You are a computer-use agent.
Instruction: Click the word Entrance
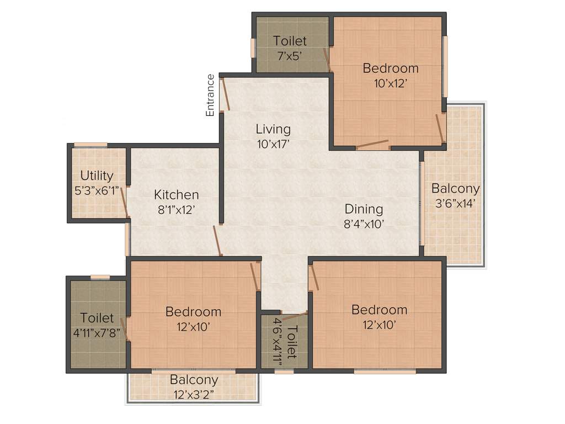tap(210, 95)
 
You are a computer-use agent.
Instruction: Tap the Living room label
tap(273, 129)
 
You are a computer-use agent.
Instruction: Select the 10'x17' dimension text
tap(273, 145)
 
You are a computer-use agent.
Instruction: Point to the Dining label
tap(364, 209)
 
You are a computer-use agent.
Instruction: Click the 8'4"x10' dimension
tap(364, 224)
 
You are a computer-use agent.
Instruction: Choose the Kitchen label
tap(176, 195)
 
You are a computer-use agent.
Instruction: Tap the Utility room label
tap(97, 176)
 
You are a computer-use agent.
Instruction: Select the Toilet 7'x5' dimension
tap(290, 55)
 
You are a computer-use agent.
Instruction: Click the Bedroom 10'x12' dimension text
tap(391, 83)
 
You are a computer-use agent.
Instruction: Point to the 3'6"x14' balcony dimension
tap(455, 203)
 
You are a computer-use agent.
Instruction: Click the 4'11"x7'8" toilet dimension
tap(97, 333)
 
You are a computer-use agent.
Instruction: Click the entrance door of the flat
tap(225, 94)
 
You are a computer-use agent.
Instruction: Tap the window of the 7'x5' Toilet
tap(253, 48)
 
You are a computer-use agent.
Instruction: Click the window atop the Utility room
tap(90, 145)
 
